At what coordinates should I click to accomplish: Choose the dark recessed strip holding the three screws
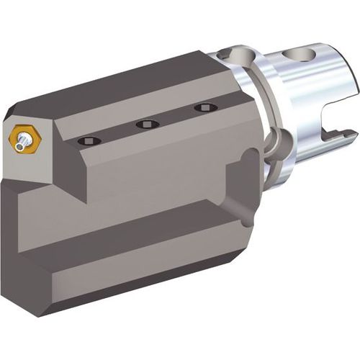144,128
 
